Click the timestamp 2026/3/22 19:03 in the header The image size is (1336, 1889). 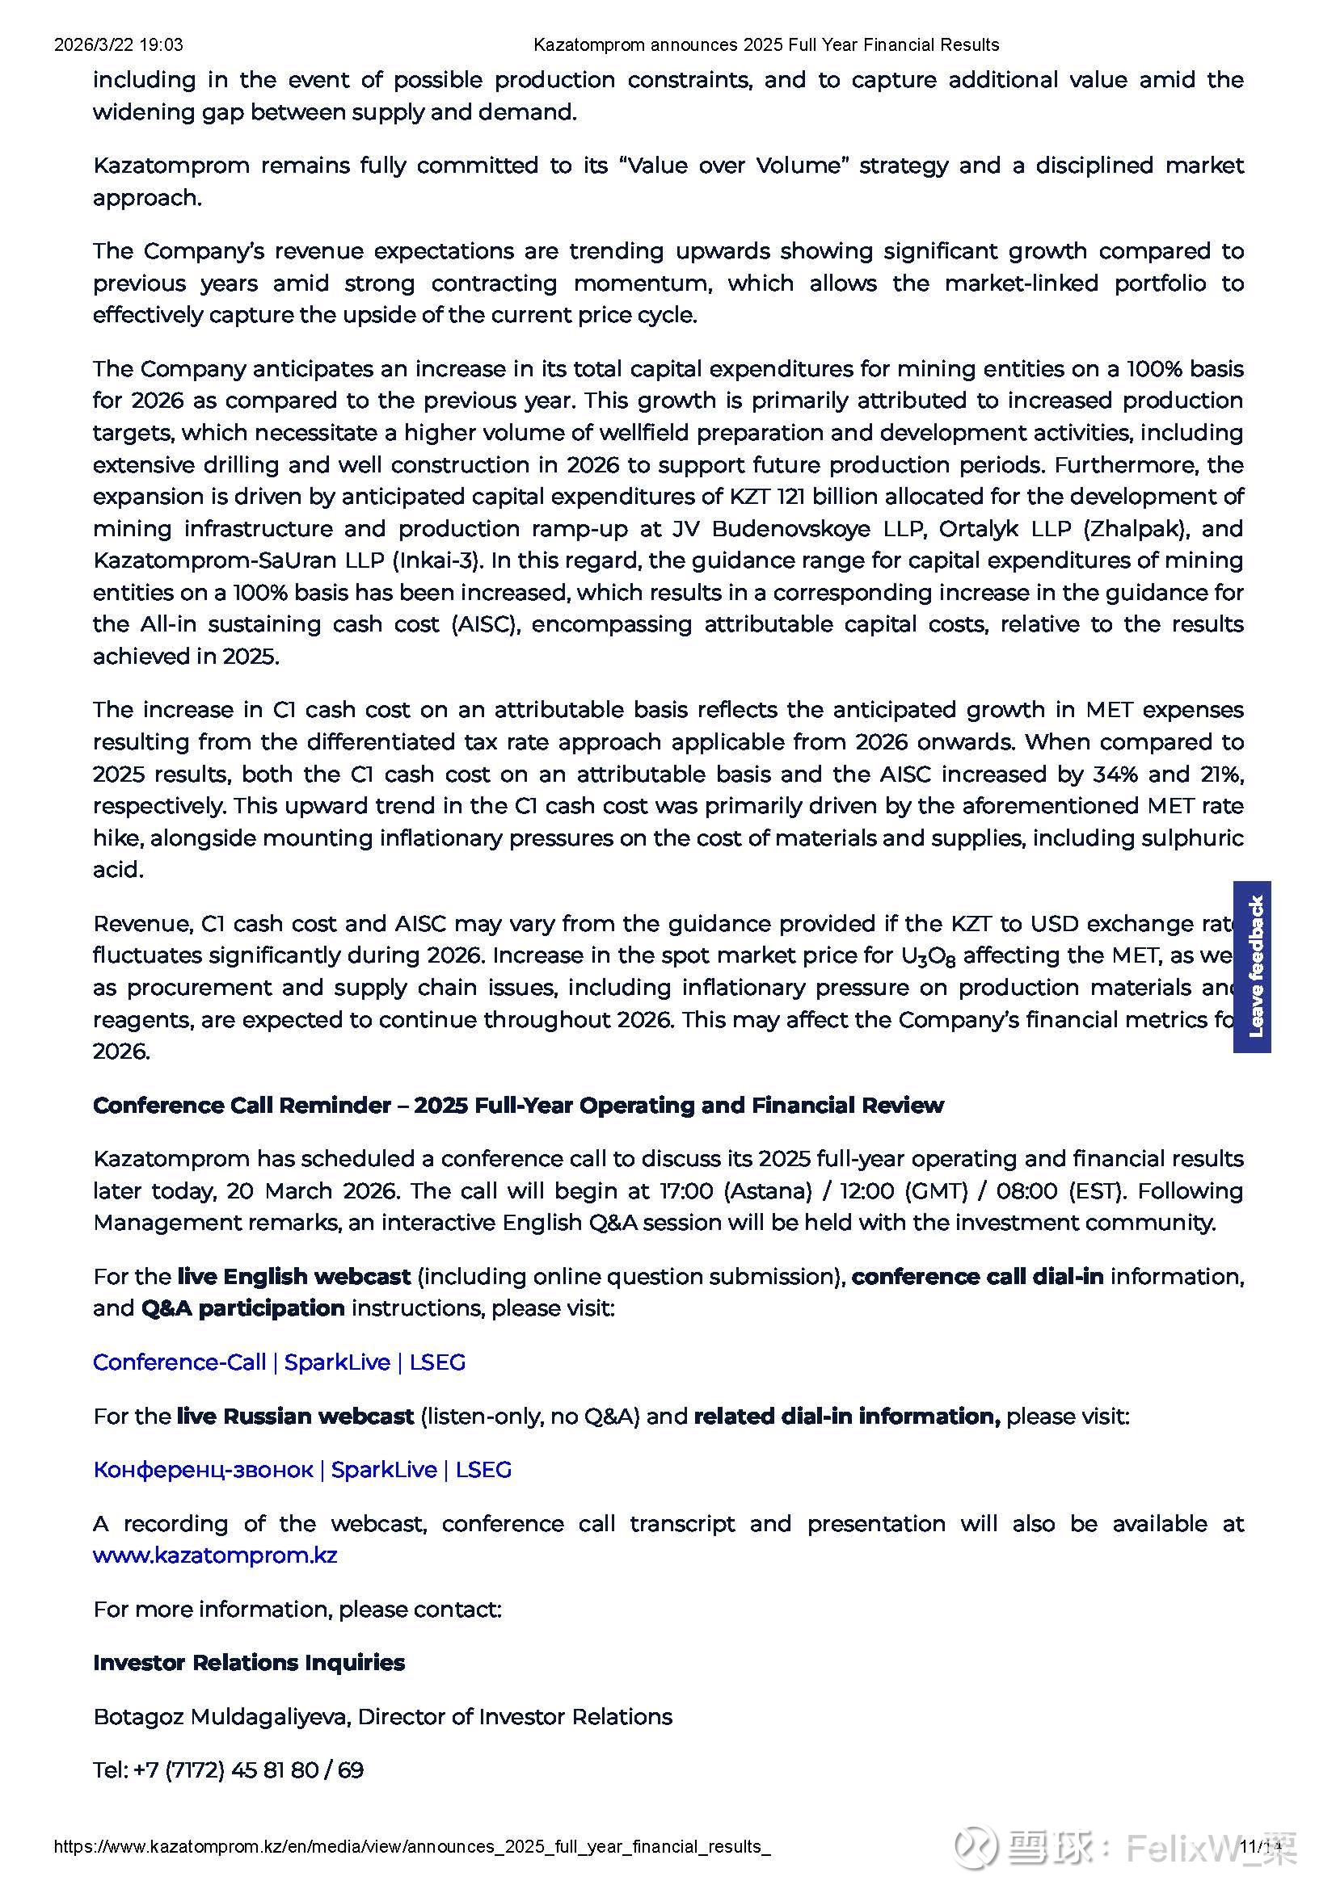119,44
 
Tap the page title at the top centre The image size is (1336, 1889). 765,44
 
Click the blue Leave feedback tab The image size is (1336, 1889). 1251,967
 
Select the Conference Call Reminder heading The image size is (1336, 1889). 518,1105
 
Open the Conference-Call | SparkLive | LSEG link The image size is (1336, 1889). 279,1362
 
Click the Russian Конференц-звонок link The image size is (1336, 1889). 302,1469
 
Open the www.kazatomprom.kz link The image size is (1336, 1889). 215,1555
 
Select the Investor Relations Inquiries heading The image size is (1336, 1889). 249,1662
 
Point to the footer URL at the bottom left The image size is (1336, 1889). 411,1846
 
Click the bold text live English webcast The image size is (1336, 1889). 294,1276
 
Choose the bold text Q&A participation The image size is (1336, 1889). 242,1308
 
